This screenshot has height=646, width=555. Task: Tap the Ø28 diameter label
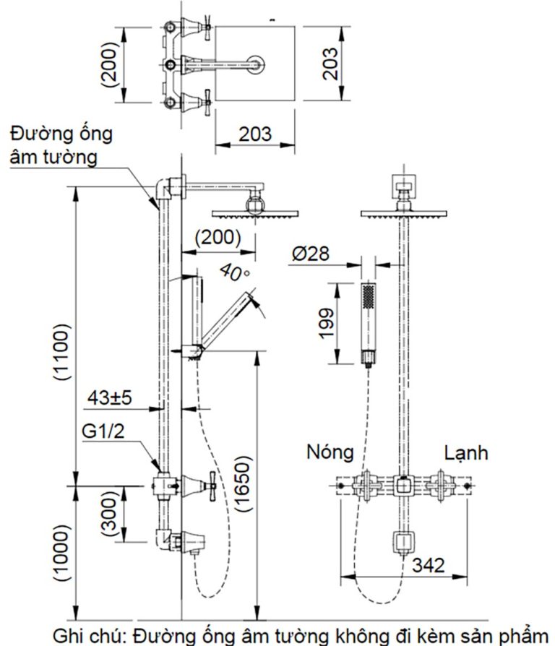[x=311, y=254]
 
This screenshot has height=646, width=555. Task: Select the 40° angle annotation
[x=233, y=272]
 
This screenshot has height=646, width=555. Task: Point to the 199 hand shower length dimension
[x=327, y=324]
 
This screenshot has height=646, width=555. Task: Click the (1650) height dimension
[x=244, y=484]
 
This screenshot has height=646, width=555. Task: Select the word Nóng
[x=330, y=452]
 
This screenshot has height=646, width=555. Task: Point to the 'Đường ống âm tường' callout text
[x=54, y=145]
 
